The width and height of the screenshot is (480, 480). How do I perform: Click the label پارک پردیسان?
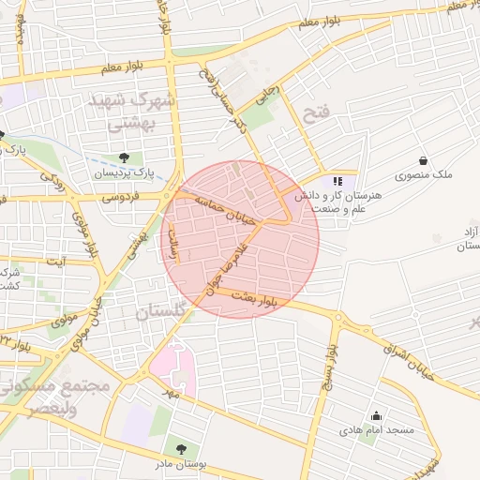point(123,173)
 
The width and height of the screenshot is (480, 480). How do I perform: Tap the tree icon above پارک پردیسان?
point(124,157)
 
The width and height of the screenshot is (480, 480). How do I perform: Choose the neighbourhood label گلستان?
point(169,312)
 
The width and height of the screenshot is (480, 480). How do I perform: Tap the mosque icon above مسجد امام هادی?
point(377,416)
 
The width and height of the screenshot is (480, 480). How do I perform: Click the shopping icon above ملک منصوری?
point(424,160)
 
